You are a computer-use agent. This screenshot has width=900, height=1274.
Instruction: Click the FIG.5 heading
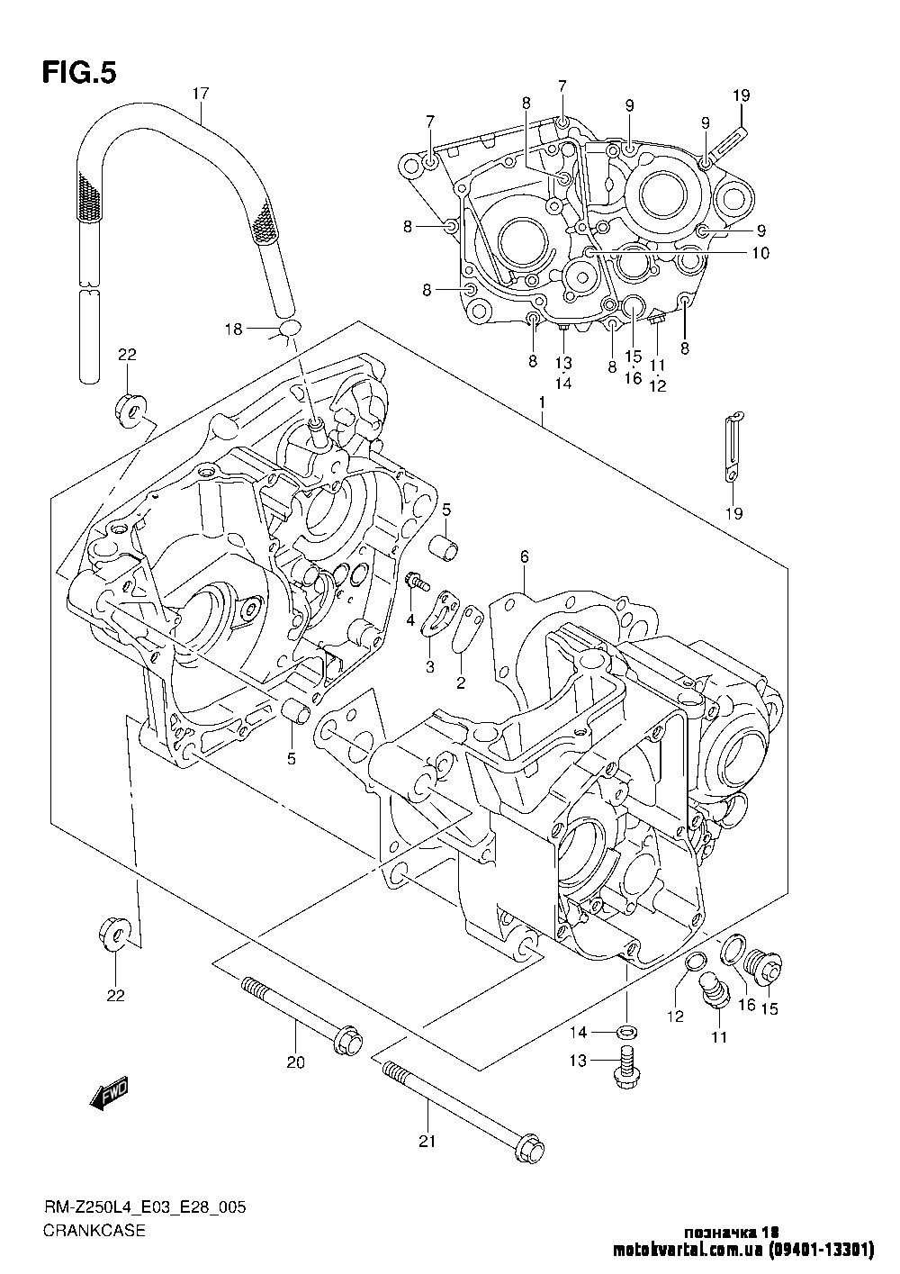[x=79, y=73]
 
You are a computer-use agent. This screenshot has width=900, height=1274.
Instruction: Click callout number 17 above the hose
[x=201, y=94]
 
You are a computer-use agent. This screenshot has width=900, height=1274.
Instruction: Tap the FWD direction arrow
[x=110, y=1094]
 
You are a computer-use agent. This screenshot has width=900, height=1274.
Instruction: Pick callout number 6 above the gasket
[x=524, y=556]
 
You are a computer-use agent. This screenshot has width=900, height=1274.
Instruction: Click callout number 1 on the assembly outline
[x=542, y=402]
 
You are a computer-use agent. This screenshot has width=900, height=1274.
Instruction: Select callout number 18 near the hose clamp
[x=234, y=330]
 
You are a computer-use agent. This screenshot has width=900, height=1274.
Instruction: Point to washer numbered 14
[x=627, y=1032]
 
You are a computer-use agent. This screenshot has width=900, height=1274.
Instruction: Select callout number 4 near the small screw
[x=410, y=620]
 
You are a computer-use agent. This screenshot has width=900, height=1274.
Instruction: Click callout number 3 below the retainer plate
[x=430, y=666]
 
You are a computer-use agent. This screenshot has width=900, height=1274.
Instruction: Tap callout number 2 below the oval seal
[x=461, y=682]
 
